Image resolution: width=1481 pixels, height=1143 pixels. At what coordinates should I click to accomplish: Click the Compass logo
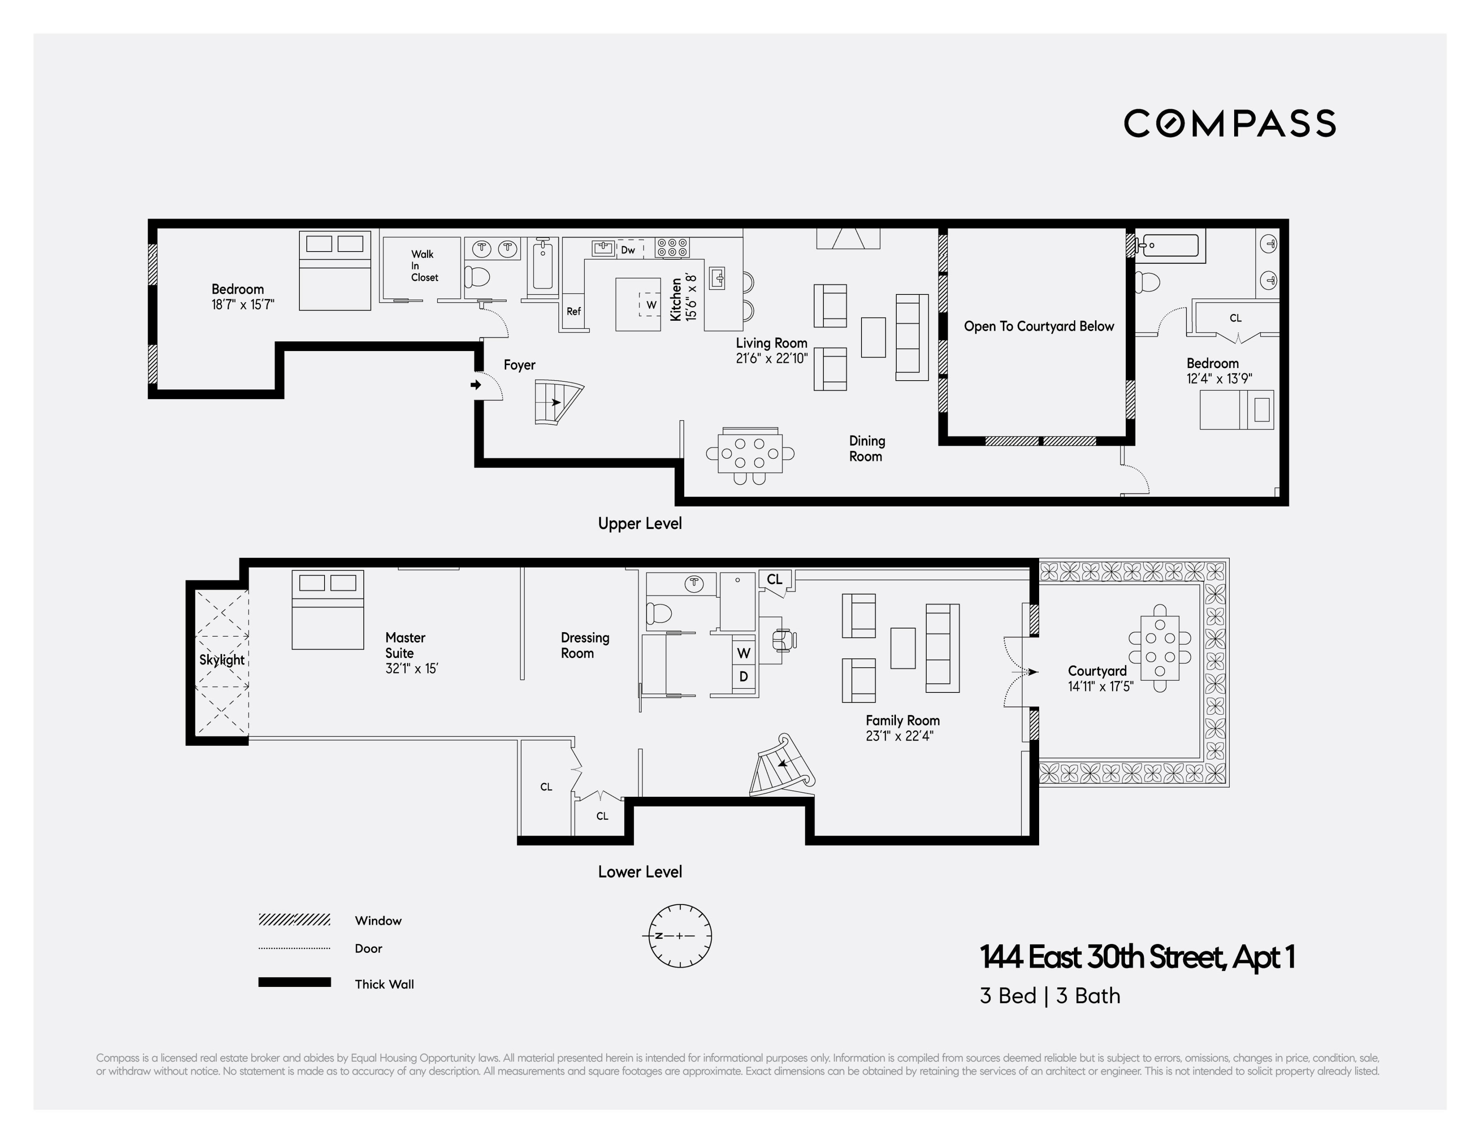pyautogui.click(x=1229, y=123)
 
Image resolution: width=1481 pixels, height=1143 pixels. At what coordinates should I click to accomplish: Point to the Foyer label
pyautogui.click(x=520, y=365)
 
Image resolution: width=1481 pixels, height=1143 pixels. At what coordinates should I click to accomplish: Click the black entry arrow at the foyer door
pyautogui.click(x=476, y=385)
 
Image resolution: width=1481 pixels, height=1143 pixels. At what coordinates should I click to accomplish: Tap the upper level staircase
pyautogui.click(x=558, y=402)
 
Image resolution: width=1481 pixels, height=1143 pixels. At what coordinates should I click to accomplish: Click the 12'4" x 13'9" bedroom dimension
pyautogui.click(x=1218, y=379)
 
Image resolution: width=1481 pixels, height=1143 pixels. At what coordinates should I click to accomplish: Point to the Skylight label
pyautogui.click(x=222, y=660)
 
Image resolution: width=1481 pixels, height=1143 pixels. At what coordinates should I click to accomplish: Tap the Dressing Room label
pyautogui.click(x=585, y=646)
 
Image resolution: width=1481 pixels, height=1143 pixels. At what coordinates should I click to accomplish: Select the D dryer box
pyautogui.click(x=744, y=677)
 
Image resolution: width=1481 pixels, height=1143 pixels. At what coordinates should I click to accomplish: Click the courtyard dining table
pyautogui.click(x=1160, y=648)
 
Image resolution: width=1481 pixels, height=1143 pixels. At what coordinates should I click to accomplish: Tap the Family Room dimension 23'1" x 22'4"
pyautogui.click(x=899, y=736)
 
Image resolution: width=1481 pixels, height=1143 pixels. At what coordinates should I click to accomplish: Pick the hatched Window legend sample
pyautogui.click(x=294, y=920)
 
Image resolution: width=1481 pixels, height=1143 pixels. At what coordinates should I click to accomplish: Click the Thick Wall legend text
pyautogui.click(x=384, y=984)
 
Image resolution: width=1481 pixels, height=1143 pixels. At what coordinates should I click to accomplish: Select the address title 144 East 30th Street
pyautogui.click(x=1137, y=957)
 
